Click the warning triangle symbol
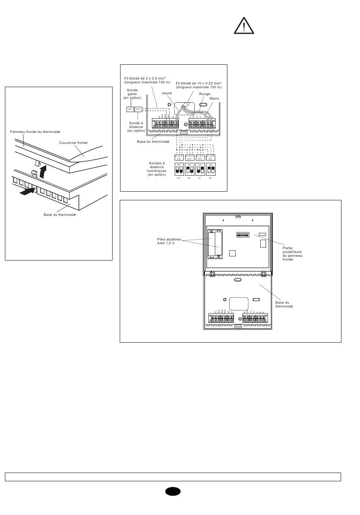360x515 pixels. [244, 27]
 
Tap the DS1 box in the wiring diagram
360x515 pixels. [130, 109]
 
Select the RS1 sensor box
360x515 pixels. [138, 109]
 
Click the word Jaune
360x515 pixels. [167, 93]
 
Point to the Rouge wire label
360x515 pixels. [205, 94]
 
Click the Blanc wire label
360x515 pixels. [214, 98]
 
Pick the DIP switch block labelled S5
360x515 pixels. [179, 169]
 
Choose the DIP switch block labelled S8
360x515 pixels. [210, 169]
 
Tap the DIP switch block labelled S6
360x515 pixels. [189, 169]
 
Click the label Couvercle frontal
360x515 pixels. [73, 143]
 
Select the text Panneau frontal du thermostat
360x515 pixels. [35, 132]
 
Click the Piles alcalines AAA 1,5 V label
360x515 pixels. [169, 241]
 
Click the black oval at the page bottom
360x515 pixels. [173, 491]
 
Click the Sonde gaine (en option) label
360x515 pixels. [132, 94]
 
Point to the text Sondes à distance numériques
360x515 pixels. [157, 169]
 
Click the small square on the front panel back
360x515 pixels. [233, 253]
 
